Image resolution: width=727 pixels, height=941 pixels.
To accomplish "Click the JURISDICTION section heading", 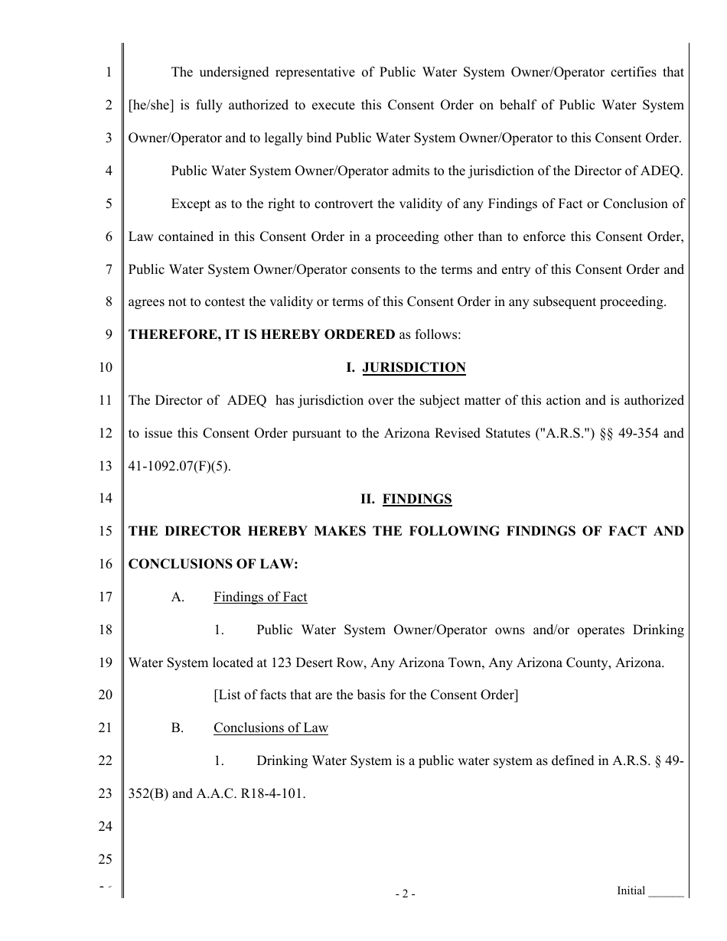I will tap(413, 368).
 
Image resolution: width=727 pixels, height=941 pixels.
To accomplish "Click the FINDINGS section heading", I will tap(417, 500).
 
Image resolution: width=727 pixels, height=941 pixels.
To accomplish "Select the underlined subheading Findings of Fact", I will tap(260, 597).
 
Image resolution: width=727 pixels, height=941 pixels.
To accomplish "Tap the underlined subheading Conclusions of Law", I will tap(270, 728).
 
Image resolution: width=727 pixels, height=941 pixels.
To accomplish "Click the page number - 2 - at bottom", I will tap(406, 894).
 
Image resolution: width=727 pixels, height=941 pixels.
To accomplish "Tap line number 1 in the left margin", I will tap(109, 73).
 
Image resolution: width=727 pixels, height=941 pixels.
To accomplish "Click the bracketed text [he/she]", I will tap(152, 106).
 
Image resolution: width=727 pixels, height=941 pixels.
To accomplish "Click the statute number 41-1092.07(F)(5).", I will tap(179, 467).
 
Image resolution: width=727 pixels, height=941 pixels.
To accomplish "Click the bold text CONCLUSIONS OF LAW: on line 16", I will tap(213, 565).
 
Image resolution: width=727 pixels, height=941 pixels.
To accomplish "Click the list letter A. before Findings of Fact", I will tap(178, 597).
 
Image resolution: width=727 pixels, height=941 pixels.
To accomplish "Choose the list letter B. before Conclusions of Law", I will tap(178, 728).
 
